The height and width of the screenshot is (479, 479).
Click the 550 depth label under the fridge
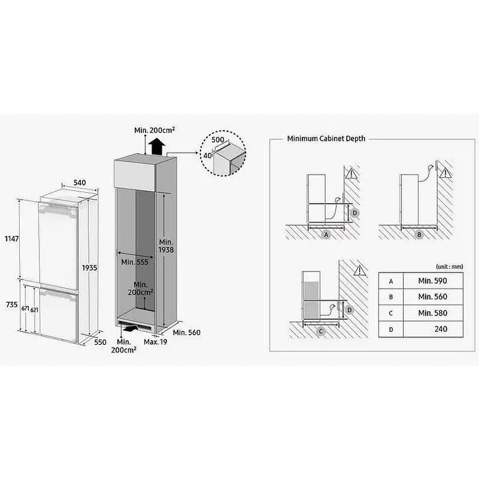tap(101, 342)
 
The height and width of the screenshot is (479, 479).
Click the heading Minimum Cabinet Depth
tap(326, 138)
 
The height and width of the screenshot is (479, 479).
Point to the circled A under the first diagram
tap(326, 233)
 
